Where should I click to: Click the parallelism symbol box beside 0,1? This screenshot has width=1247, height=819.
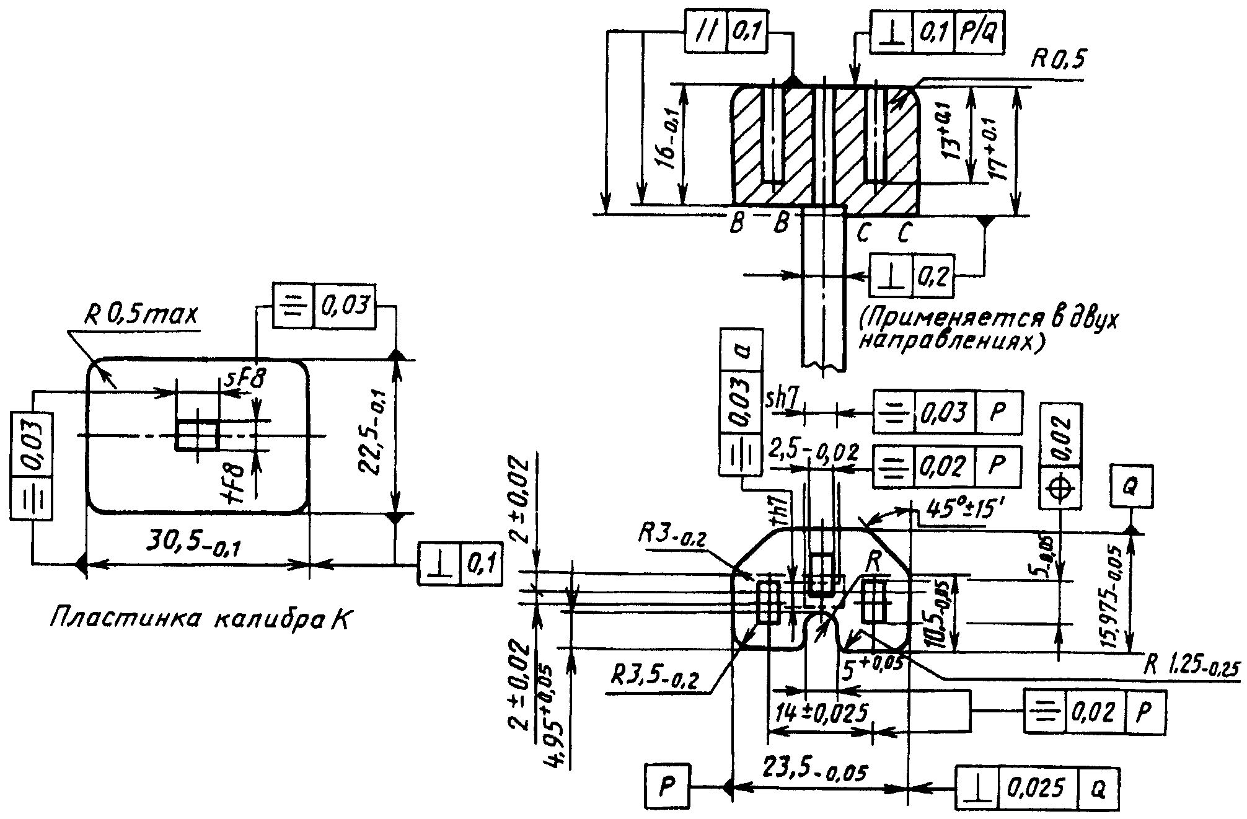pos(707,32)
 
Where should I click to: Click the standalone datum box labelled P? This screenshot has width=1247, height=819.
pos(667,787)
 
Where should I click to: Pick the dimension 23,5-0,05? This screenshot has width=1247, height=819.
pos(814,773)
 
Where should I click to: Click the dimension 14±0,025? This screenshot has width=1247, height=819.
pos(821,713)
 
